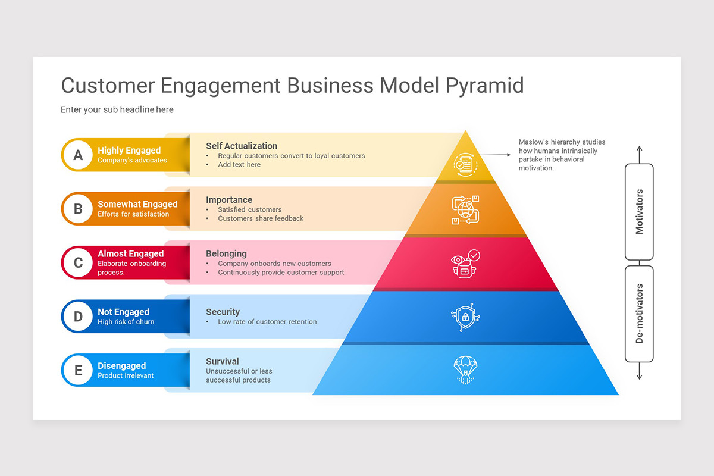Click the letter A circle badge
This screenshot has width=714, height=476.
coord(78,155)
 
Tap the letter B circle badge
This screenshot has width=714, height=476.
coord(78,209)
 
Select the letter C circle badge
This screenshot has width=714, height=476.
coord(78,262)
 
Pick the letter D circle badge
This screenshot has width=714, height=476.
coord(78,317)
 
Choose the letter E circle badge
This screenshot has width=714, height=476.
coord(78,370)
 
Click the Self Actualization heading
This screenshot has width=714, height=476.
coord(242,146)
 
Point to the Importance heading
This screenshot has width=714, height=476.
coord(229,200)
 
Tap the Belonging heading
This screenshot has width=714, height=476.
coord(226,253)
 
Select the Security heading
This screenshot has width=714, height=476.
coord(223,312)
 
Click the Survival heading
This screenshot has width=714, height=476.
coord(223,361)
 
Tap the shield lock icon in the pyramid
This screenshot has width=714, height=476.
coord(465,317)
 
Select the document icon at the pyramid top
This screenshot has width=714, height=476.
coord(465,164)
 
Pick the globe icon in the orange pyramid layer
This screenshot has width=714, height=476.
coord(465,209)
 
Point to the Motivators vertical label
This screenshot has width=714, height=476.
coord(640,212)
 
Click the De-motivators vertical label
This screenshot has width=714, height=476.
coord(640,314)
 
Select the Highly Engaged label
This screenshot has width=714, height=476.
coord(129,151)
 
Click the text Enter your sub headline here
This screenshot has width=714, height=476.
coord(117,109)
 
